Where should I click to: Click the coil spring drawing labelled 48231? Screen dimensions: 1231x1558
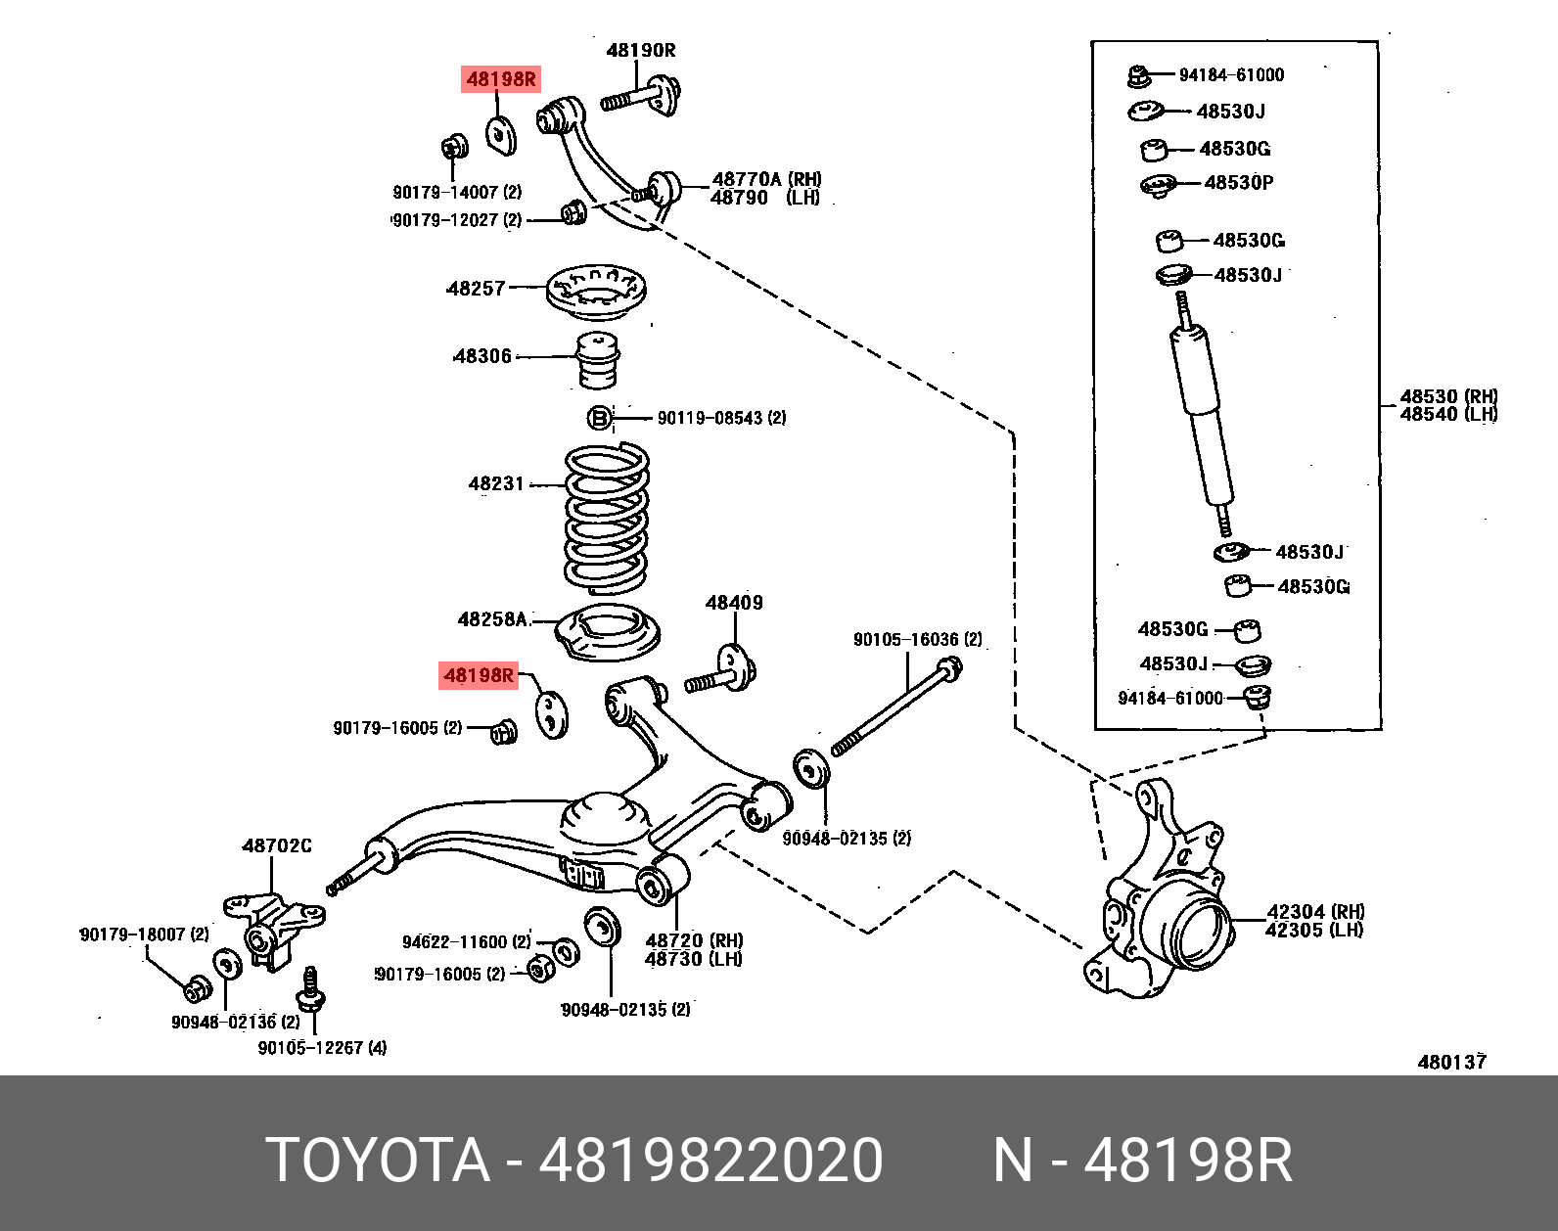click(607, 519)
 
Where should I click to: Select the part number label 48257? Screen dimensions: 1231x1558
click(476, 289)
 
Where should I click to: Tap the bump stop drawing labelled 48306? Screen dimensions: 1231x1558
click(598, 360)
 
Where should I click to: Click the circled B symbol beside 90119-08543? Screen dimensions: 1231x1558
click(599, 419)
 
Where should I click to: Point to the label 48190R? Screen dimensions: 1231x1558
click(641, 51)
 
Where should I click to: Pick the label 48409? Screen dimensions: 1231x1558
click(734, 603)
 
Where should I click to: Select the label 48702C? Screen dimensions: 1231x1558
click(277, 845)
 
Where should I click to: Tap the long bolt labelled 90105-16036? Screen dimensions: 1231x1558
click(895, 709)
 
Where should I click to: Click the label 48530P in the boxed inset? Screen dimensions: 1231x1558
click(1239, 183)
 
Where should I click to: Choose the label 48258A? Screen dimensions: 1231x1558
click(493, 619)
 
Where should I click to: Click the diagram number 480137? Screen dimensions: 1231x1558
click(1452, 1062)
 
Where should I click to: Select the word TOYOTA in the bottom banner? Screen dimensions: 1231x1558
click(377, 1161)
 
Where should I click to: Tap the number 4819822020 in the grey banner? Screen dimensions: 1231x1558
click(711, 1161)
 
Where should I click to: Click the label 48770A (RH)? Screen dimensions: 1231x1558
click(767, 179)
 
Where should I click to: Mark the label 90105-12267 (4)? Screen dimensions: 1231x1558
click(322, 1048)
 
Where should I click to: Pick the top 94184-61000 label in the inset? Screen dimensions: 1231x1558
click(1231, 75)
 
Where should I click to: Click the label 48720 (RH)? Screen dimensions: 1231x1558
click(694, 941)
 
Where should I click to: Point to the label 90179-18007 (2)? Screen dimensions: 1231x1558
click(144, 935)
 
